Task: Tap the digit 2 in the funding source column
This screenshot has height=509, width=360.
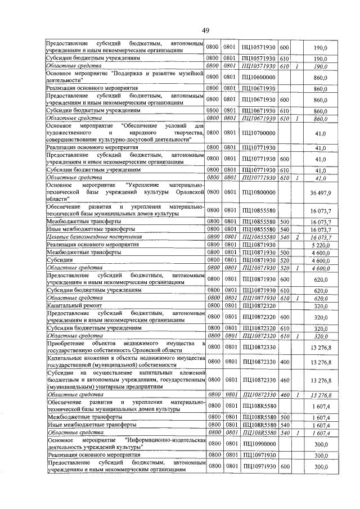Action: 296,237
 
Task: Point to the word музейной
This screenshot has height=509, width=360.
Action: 189,73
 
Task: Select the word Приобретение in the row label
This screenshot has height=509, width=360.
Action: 66,343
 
